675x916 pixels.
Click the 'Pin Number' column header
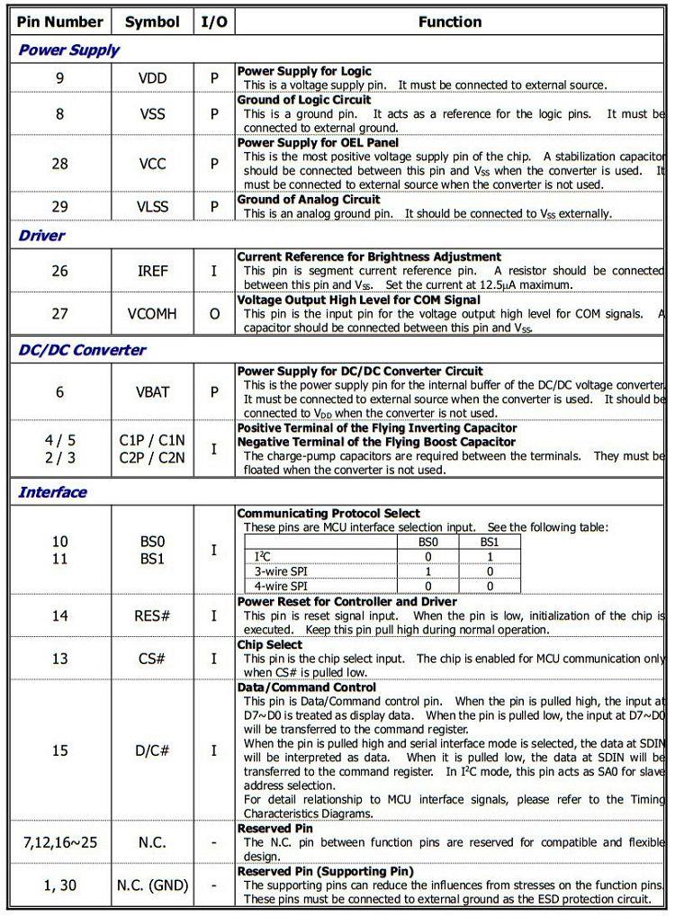[60, 22]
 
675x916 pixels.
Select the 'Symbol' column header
[152, 22]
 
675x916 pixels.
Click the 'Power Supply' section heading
[68, 50]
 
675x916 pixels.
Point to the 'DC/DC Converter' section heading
[82, 350]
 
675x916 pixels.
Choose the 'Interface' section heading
[53, 492]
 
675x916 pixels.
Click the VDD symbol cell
[152, 78]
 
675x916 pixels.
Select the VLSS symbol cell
[152, 207]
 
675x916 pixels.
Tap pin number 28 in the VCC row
[59, 164]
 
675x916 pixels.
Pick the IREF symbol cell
[152, 271]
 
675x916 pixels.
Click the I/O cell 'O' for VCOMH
[214, 314]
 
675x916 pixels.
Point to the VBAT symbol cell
[152, 392]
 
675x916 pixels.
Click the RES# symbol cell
[152, 616]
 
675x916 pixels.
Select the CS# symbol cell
[152, 659]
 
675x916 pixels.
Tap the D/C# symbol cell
[152, 750]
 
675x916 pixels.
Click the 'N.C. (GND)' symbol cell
[152, 885]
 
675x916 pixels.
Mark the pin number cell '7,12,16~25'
[59, 842]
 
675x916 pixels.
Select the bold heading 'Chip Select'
[270, 645]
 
